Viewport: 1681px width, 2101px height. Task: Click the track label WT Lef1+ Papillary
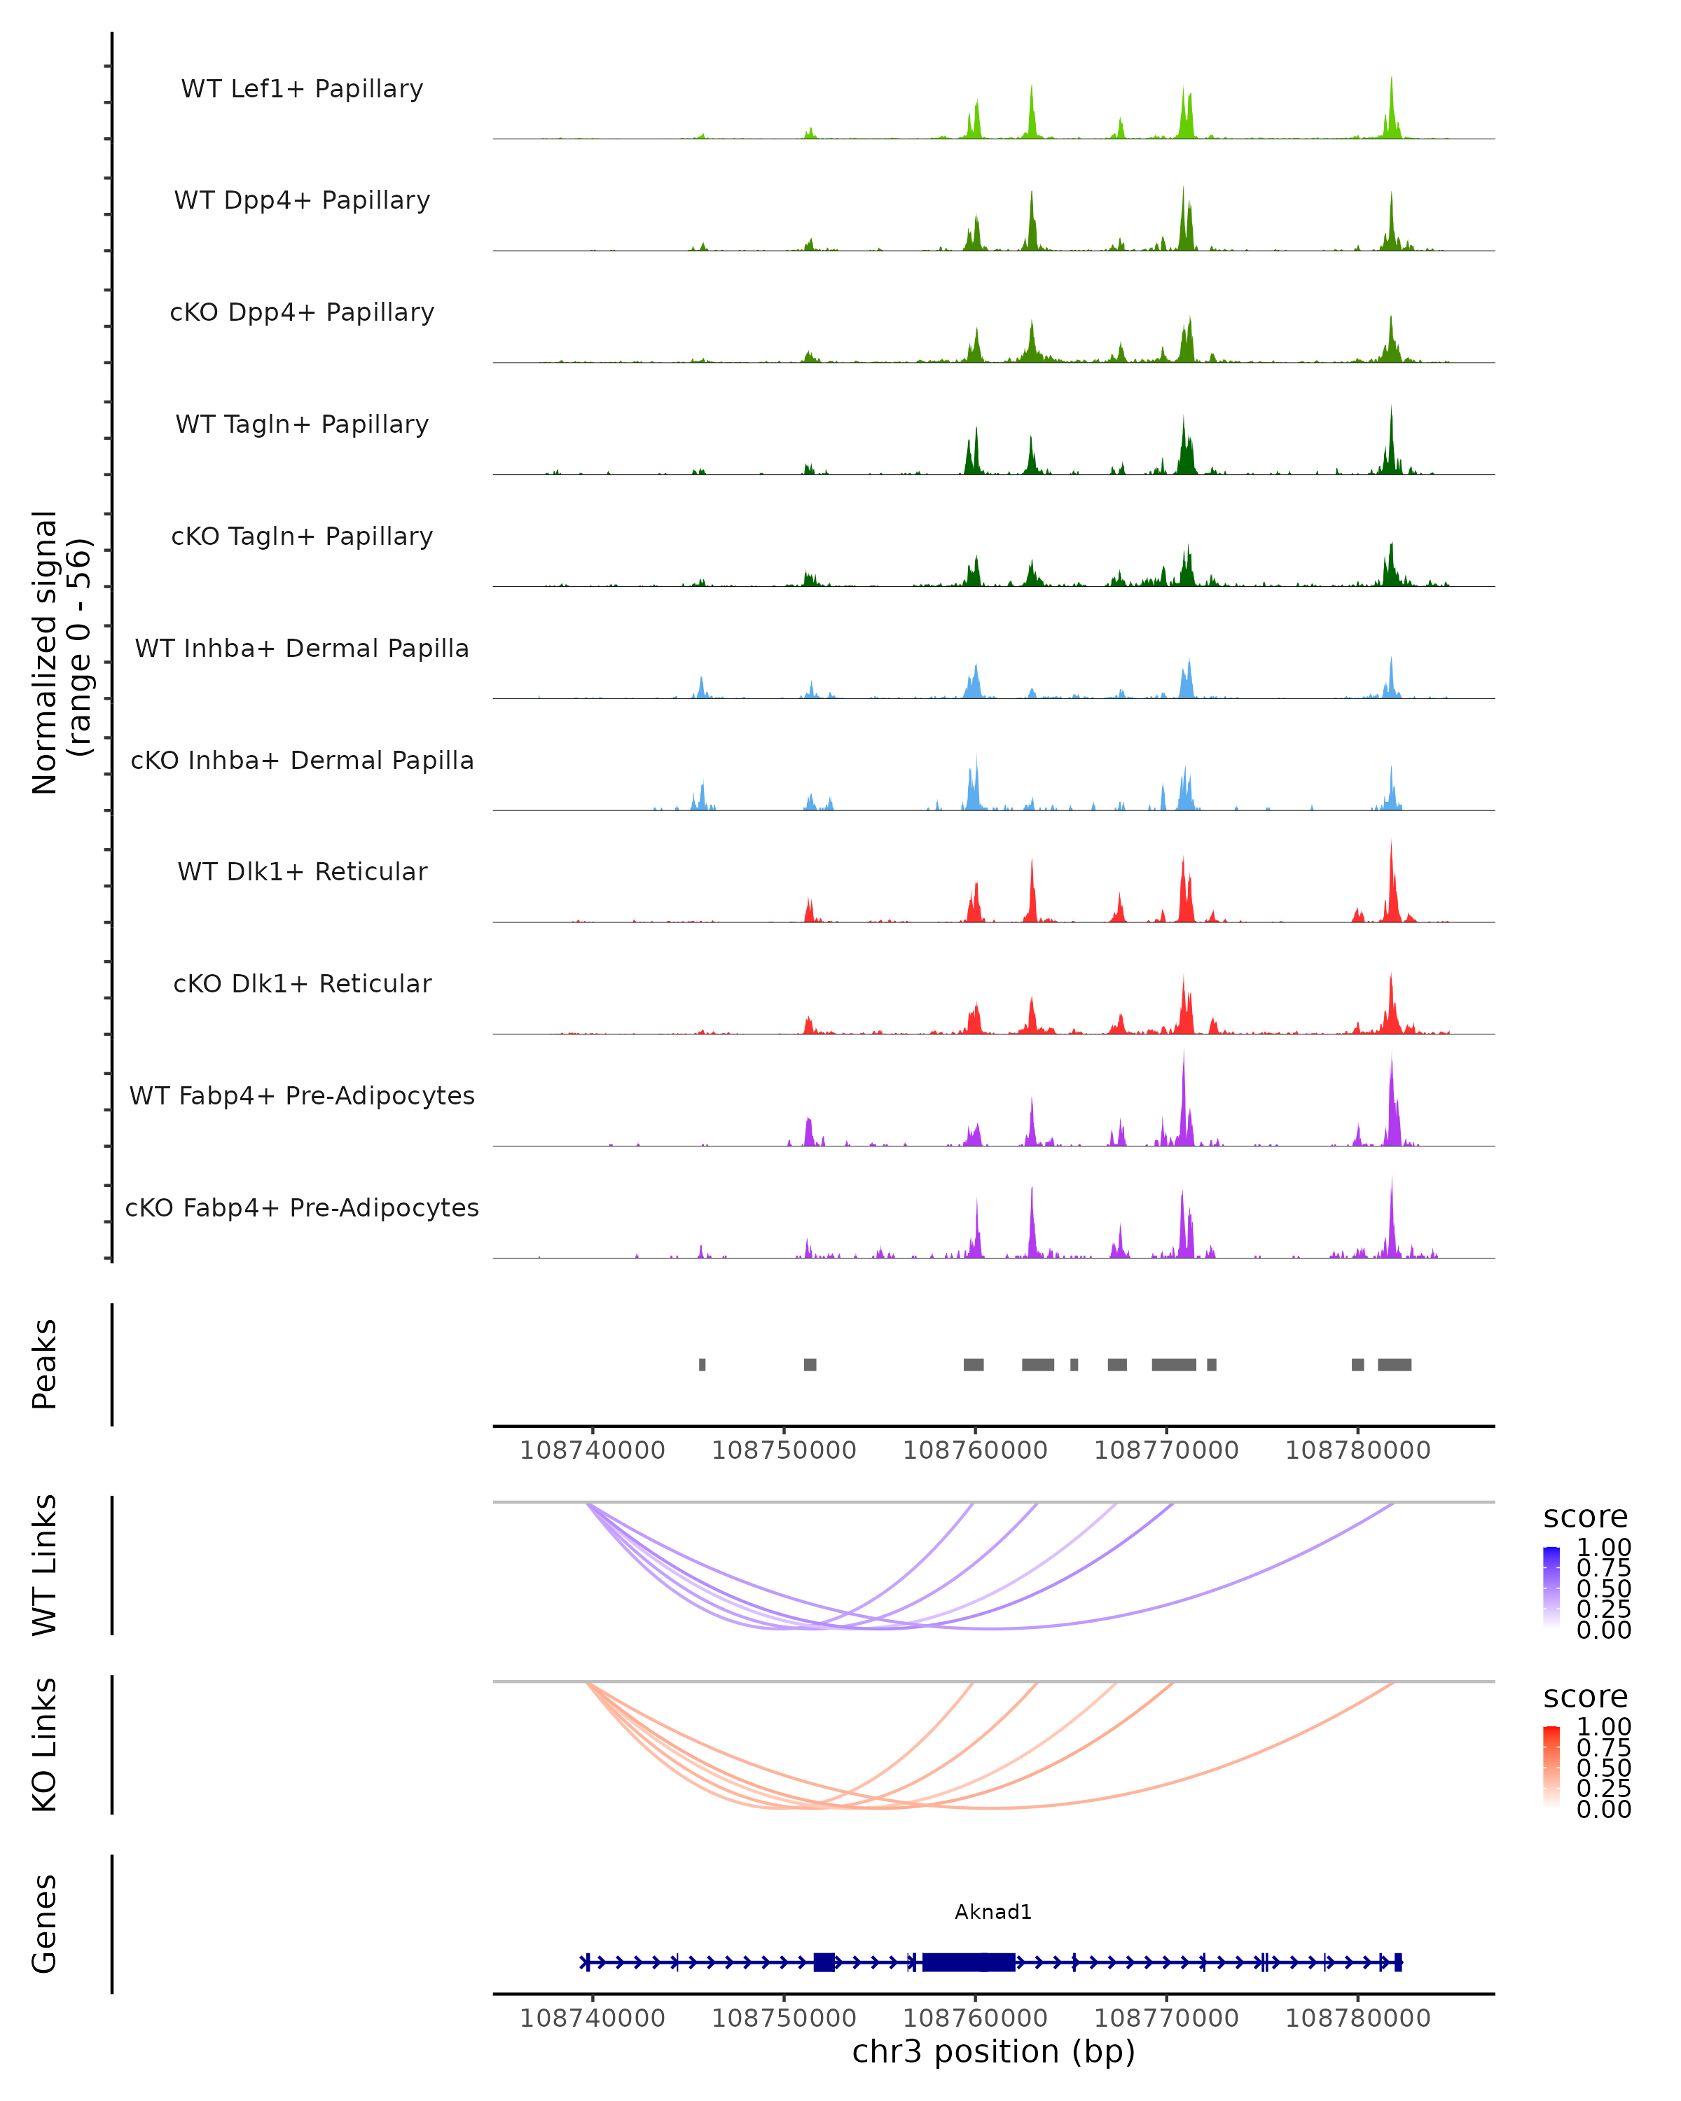[302, 89]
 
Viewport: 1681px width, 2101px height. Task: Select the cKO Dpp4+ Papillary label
[302, 312]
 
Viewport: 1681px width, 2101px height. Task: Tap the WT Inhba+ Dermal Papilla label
[302, 648]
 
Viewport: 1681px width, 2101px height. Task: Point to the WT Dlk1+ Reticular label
[302, 871]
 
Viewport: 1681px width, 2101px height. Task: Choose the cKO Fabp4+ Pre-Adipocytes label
[302, 1207]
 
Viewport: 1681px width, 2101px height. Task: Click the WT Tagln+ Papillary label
[302, 424]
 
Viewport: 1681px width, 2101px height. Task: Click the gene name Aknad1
[993, 1912]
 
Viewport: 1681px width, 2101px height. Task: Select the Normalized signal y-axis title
[60, 652]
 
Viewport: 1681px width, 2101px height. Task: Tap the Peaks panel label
[45, 1364]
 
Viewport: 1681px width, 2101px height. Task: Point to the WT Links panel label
[45, 1565]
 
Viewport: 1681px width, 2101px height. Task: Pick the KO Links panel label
[45, 1745]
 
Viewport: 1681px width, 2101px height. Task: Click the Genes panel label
[45, 1924]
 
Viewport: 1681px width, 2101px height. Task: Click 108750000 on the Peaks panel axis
[784, 1450]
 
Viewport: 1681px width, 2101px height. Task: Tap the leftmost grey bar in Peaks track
[703, 1364]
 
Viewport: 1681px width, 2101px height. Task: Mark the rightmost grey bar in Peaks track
[1395, 1364]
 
